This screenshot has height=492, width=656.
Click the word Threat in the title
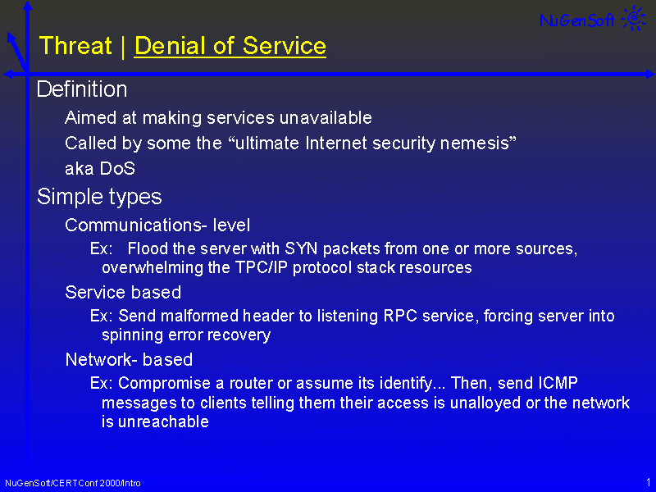coord(75,46)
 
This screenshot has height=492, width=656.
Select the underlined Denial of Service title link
coord(230,46)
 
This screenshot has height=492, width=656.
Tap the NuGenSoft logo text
coord(577,20)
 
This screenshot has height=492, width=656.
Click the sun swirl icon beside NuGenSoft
coord(634,18)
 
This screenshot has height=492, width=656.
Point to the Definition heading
coord(82,89)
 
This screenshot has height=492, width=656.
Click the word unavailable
coord(326,117)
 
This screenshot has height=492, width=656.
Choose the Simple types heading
coord(99,197)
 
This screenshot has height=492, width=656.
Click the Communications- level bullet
coord(157,225)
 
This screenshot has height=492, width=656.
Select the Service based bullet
coord(123,293)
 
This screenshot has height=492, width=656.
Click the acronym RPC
coord(400,316)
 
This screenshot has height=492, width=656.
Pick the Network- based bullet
coord(129,359)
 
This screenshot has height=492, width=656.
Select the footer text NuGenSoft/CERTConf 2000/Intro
coord(73,483)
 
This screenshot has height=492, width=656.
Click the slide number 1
coord(649,482)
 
